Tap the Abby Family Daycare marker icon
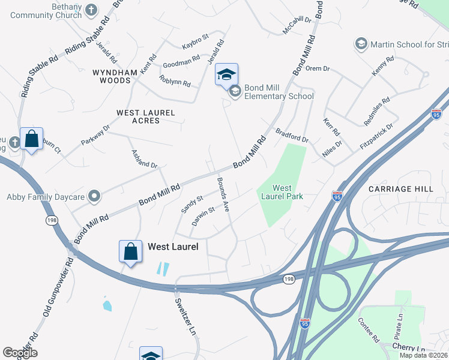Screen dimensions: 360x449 [x=94, y=196]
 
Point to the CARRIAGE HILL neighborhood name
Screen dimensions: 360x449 [x=400, y=189]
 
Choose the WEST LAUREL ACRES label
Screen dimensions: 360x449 [x=146, y=116]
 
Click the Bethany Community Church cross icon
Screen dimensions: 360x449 [x=91, y=10]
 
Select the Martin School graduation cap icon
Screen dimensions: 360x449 [x=361, y=44]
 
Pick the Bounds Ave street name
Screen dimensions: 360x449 [x=223, y=195]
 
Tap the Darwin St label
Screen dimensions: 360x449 [x=203, y=217]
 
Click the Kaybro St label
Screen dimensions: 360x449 [x=195, y=42]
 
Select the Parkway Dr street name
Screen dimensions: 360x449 [x=96, y=136]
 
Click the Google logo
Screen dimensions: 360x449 [x=20, y=353]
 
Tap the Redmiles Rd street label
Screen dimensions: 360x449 [x=377, y=111]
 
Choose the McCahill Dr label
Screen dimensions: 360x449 [x=298, y=23]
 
